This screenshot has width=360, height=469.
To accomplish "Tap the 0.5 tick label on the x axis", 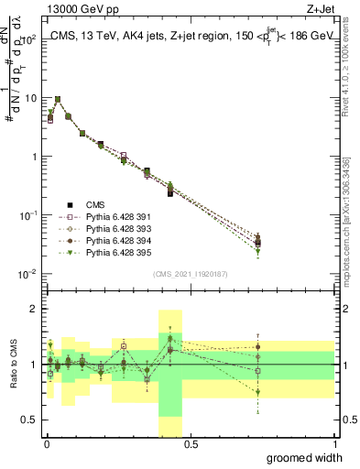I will pos(191,444).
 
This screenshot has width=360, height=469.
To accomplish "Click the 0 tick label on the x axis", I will pos(46,444).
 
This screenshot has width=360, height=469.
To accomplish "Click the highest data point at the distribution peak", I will pos(58,99).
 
